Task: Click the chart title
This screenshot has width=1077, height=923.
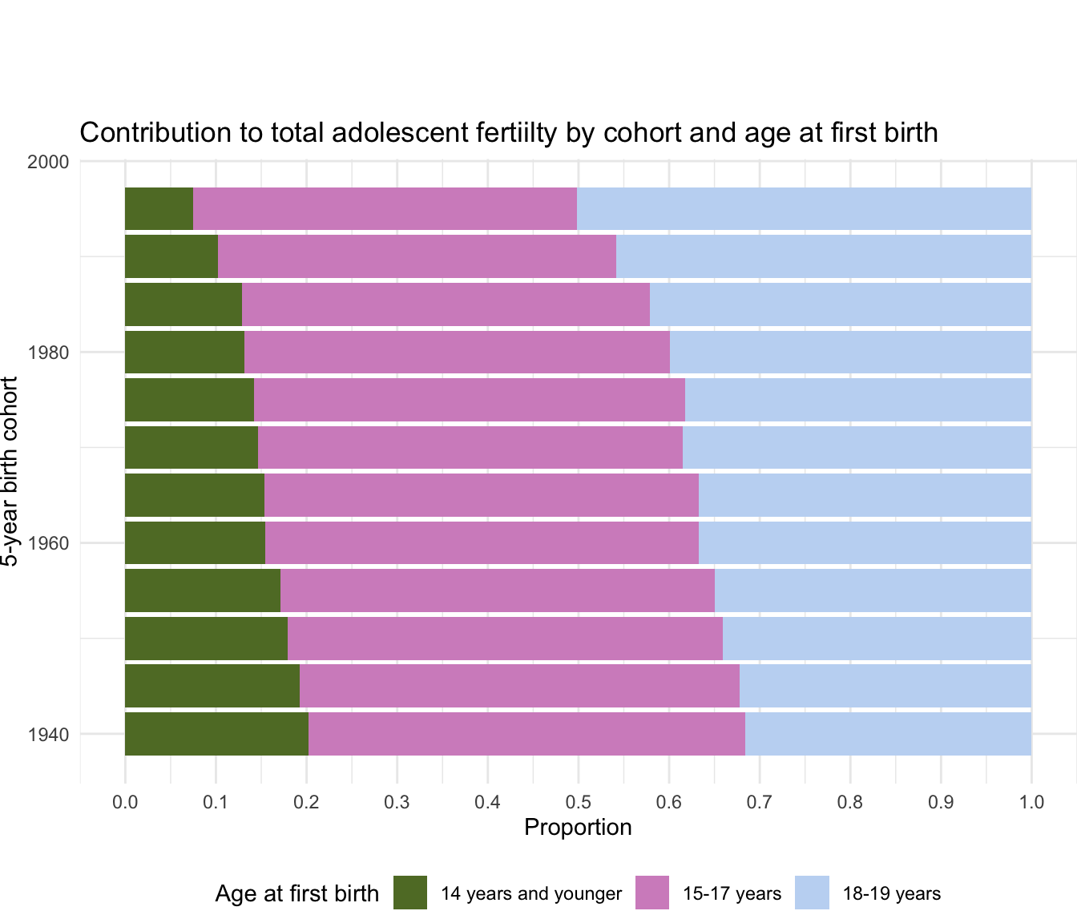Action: point(508,132)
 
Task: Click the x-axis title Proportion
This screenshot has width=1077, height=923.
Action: point(578,827)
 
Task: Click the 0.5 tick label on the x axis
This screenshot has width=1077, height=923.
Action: point(578,801)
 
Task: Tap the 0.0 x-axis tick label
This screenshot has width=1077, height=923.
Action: point(125,801)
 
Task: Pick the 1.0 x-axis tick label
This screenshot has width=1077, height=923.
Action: point(1031,801)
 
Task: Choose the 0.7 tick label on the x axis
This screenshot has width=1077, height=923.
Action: point(759,801)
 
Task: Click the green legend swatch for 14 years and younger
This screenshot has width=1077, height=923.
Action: point(410,893)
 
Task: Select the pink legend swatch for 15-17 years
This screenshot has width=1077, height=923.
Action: point(652,893)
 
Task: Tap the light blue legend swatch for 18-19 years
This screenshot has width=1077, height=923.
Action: point(812,893)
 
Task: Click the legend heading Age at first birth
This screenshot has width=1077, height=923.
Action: point(296,893)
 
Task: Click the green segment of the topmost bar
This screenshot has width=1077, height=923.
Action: point(159,208)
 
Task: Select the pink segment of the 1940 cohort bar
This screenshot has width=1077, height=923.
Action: point(526,734)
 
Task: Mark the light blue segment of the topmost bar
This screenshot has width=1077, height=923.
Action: point(804,208)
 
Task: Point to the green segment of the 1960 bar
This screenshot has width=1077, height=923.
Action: point(195,543)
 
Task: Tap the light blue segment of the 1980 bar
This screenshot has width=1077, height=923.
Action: point(850,352)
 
